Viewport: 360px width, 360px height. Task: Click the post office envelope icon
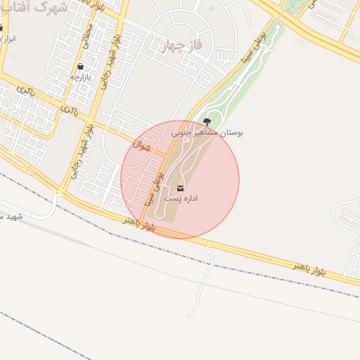click(181, 188)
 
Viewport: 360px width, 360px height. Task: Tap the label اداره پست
click(181, 199)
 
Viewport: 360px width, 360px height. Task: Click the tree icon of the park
click(206, 122)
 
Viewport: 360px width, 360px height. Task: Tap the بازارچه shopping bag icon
click(82, 67)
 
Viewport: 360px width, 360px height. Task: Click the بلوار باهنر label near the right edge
click(310, 268)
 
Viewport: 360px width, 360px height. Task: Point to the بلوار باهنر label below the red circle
click(139, 223)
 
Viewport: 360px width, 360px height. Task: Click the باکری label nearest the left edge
click(25, 91)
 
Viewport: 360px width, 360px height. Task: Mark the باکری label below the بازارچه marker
click(69, 110)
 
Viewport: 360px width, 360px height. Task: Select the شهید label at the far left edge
click(11, 216)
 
